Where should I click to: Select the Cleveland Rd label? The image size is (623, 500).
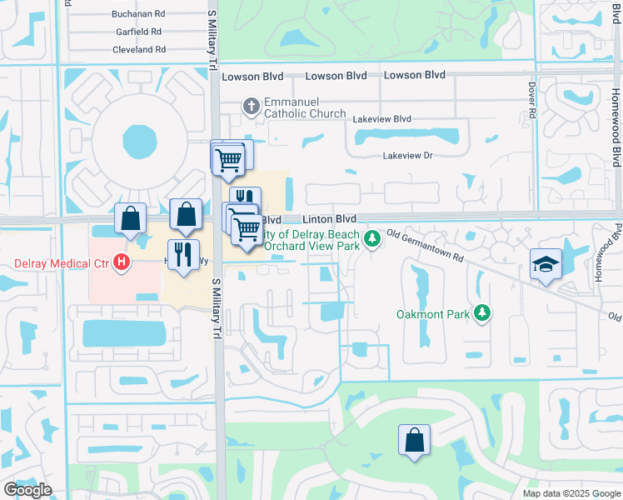click(x=139, y=50)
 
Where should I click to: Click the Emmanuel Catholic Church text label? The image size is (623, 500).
click(x=304, y=107)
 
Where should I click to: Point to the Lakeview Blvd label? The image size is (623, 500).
click(x=381, y=119)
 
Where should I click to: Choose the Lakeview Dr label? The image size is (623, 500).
click(x=408, y=156)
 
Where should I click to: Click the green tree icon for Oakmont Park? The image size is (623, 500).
click(x=481, y=313)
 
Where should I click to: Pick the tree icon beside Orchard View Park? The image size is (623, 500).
click(x=372, y=240)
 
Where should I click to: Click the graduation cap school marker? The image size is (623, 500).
click(x=546, y=265)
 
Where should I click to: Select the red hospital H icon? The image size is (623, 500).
click(x=122, y=263)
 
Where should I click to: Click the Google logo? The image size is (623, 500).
click(x=27, y=490)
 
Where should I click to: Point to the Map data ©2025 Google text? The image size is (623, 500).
click(x=571, y=493)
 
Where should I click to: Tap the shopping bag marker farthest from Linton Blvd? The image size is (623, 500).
click(x=415, y=440)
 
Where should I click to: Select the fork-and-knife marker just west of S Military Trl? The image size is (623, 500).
click(x=183, y=255)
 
